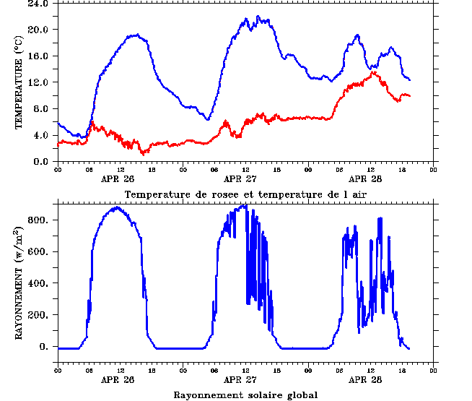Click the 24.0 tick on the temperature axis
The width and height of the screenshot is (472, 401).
point(37,4)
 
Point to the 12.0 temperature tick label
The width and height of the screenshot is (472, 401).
point(37,82)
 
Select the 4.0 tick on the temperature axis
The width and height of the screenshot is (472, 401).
point(39,135)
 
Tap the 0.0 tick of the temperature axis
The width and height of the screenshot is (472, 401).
point(39,162)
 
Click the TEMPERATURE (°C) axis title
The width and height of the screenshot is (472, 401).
point(20,82)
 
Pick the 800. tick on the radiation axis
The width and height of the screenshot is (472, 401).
point(39,220)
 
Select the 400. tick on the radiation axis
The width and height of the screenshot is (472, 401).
point(39,283)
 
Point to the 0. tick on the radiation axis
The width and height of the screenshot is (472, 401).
point(44,347)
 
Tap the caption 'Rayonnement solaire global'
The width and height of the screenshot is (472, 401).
point(245,394)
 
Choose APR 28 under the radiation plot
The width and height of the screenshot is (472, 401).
point(366,379)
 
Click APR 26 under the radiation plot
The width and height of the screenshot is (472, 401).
point(118,379)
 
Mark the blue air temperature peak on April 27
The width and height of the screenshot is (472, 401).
point(246,19)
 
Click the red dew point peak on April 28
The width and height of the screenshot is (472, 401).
point(374,72)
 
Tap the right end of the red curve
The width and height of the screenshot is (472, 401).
point(410,95)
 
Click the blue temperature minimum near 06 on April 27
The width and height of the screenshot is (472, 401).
point(208,119)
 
